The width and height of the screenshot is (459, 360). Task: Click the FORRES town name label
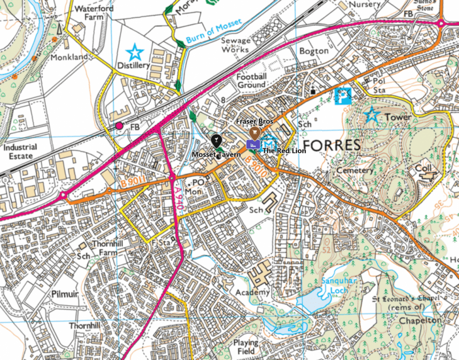click(x=331, y=145)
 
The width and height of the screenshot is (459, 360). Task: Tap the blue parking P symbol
click(x=343, y=96)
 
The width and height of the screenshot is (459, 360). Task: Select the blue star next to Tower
click(x=372, y=115)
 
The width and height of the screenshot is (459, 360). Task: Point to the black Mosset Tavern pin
click(x=217, y=140)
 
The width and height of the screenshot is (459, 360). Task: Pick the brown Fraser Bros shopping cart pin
click(x=254, y=133)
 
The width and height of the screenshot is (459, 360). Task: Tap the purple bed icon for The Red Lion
click(x=252, y=145)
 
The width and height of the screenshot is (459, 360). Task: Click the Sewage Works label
click(x=235, y=45)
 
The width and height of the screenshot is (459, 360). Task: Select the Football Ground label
click(x=252, y=81)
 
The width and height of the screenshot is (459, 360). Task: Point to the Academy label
click(x=254, y=292)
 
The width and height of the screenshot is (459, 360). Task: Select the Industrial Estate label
click(x=20, y=152)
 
